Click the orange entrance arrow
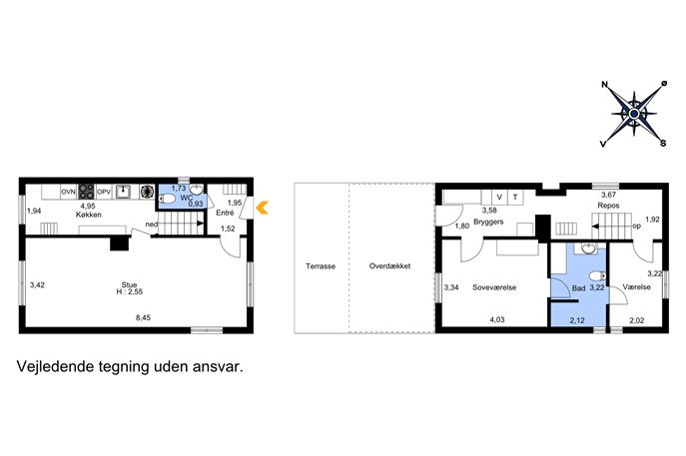click(x=262, y=208)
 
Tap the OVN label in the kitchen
click(x=68, y=192)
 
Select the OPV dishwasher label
click(x=104, y=192)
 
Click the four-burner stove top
click(x=86, y=192)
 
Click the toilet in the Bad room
click(x=597, y=276)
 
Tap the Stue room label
click(x=130, y=284)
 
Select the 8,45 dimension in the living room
click(x=143, y=318)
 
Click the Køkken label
click(x=89, y=215)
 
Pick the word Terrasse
click(x=321, y=265)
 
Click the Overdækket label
click(x=389, y=265)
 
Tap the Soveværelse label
click(x=494, y=287)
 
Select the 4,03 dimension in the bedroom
click(x=497, y=319)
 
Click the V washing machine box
click(x=499, y=198)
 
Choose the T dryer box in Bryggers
click(x=515, y=198)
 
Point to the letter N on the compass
click(x=605, y=85)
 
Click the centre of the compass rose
click(x=634, y=114)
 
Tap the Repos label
click(x=608, y=205)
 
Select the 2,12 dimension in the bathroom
click(x=577, y=320)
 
